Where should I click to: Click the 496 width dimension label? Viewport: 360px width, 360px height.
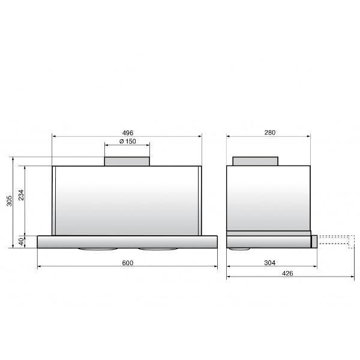[x=127, y=133]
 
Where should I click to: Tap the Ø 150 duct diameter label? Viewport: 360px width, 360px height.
[x=128, y=142]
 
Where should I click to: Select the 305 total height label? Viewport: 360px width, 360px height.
[x=9, y=201]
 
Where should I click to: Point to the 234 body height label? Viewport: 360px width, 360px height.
[x=21, y=194]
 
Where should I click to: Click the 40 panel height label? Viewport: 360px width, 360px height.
[x=21, y=242]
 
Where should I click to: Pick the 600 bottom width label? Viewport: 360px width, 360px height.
[x=127, y=263]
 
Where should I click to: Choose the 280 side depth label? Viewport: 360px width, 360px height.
[x=270, y=133]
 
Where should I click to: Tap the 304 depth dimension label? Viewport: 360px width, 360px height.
[x=270, y=263]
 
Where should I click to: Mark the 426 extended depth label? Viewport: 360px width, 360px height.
[x=287, y=274]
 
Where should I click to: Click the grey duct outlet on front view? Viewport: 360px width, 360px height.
[x=127, y=161]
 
